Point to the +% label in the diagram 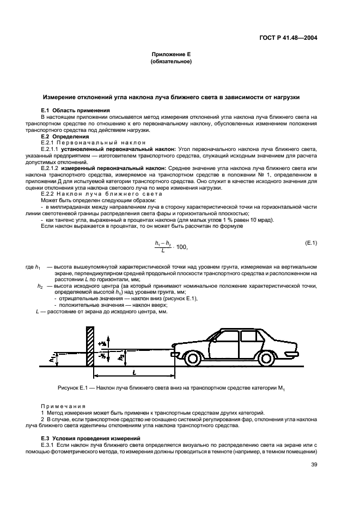pyautogui.click(x=102, y=343)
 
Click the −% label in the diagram pyautogui.click(x=102, y=356)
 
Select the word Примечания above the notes pyautogui.click(x=63, y=406)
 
